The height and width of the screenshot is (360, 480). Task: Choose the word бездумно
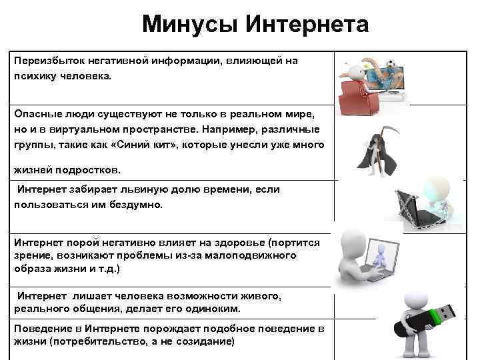pyautogui.click(x=138, y=205)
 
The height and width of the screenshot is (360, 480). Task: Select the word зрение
pyautogui.click(x=31, y=255)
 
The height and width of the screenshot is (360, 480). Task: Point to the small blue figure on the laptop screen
pyautogui.click(x=379, y=255)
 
